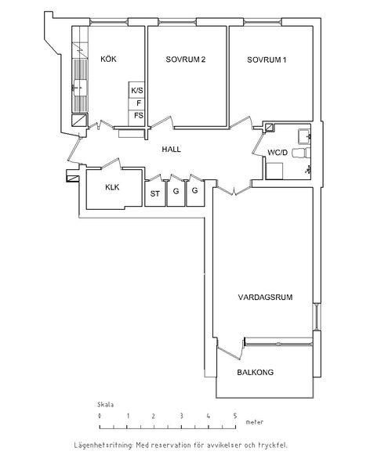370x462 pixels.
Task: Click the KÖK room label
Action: [x=109, y=59]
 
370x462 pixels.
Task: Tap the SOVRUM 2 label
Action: [x=185, y=60]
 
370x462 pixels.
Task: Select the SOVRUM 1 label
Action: [x=267, y=60]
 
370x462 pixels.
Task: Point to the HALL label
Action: [x=171, y=150]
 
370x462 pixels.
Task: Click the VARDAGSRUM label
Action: [x=265, y=297]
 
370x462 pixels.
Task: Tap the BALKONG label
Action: [x=256, y=373]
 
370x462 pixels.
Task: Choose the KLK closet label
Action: [x=112, y=187]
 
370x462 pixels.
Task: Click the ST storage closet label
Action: [x=155, y=193]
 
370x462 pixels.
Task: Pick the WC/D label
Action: [x=277, y=153]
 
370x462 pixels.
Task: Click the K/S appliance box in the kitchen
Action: [x=136, y=90]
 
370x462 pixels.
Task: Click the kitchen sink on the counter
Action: [x=80, y=88]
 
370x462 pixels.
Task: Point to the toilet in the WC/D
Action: [x=301, y=153]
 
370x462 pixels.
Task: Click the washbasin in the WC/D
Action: [x=304, y=136]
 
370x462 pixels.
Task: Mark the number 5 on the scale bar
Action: [x=235, y=416]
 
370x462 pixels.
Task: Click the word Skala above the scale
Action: [x=105, y=405]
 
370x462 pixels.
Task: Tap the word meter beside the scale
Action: [x=255, y=422]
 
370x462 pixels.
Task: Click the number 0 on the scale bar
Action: [x=100, y=416]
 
